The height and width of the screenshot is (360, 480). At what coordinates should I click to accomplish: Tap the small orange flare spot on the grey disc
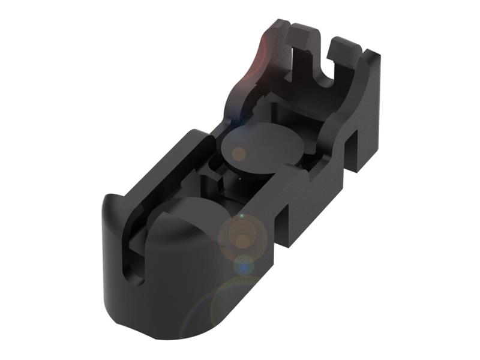click(x=238, y=153)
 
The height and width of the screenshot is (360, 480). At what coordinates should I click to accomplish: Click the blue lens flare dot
click(x=244, y=263)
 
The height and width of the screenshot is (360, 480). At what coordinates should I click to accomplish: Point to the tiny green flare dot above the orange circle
click(x=241, y=215)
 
